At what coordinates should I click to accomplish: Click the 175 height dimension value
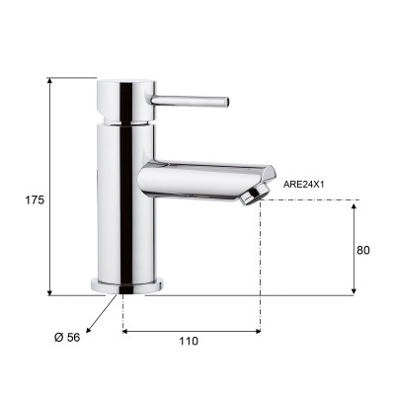pos(35,199)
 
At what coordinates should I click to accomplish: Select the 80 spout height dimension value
pos(363,250)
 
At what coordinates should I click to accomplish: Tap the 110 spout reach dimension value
pos(189,341)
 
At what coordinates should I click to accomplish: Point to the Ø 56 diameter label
pos(67,337)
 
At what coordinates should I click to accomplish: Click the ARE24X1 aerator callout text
pos(304,185)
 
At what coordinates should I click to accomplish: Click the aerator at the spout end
pos(254,195)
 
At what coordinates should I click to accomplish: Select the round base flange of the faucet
pos(127,285)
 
